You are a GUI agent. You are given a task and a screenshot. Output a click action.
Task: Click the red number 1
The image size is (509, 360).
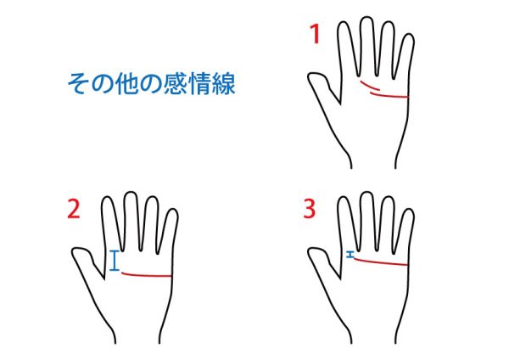pos(316,34)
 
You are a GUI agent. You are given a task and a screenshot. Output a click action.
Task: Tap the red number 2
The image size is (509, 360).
pos(74,209)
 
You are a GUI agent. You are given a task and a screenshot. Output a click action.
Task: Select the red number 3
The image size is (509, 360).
pos(310,209)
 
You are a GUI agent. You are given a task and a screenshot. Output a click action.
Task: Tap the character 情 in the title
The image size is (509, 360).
pos(199,84)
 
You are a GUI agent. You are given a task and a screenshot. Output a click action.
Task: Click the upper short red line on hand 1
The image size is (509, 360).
pos(370,86)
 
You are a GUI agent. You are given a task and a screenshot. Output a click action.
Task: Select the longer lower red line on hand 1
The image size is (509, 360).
pos(389,96)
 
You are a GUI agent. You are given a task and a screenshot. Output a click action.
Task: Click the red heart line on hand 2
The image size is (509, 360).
pos(146,276)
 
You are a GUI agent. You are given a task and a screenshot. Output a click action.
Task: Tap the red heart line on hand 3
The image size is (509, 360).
pos(380,262)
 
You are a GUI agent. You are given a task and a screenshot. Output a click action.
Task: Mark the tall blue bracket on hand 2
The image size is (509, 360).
pos(114,261)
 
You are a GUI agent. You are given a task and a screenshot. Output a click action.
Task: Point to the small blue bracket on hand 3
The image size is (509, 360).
pos(350,255)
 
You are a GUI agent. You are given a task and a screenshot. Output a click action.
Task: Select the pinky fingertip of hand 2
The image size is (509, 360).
pos(173,210)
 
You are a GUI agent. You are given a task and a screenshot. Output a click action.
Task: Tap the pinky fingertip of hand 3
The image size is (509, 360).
pos(409,210)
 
